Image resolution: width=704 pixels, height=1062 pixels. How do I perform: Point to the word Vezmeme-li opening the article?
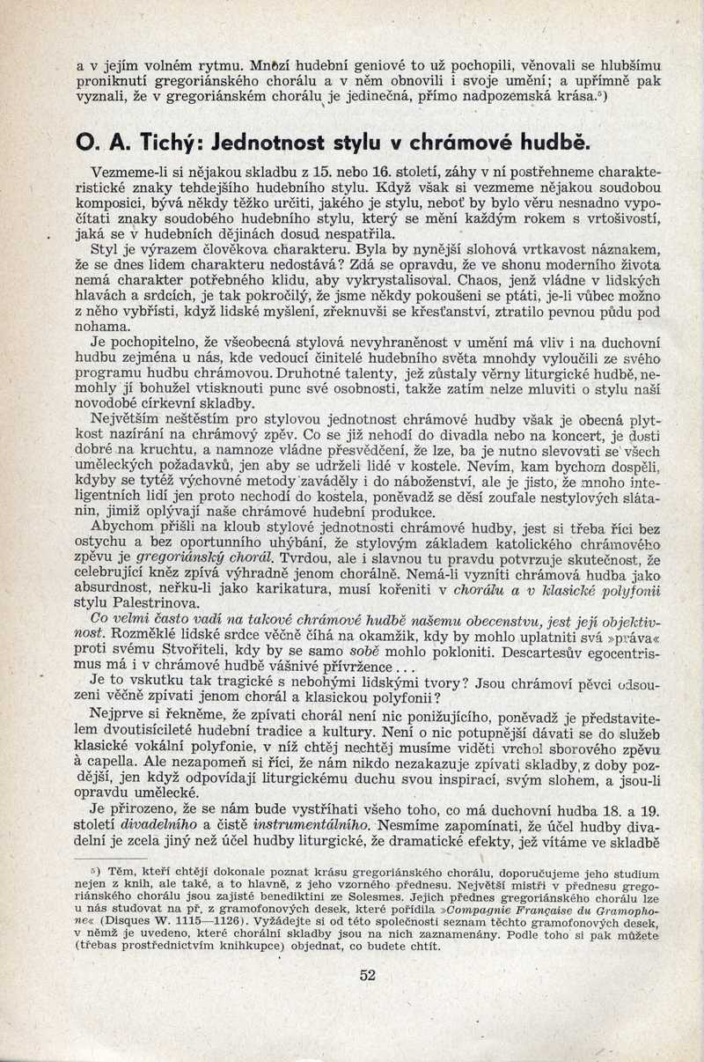pyautogui.click(x=130, y=173)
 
